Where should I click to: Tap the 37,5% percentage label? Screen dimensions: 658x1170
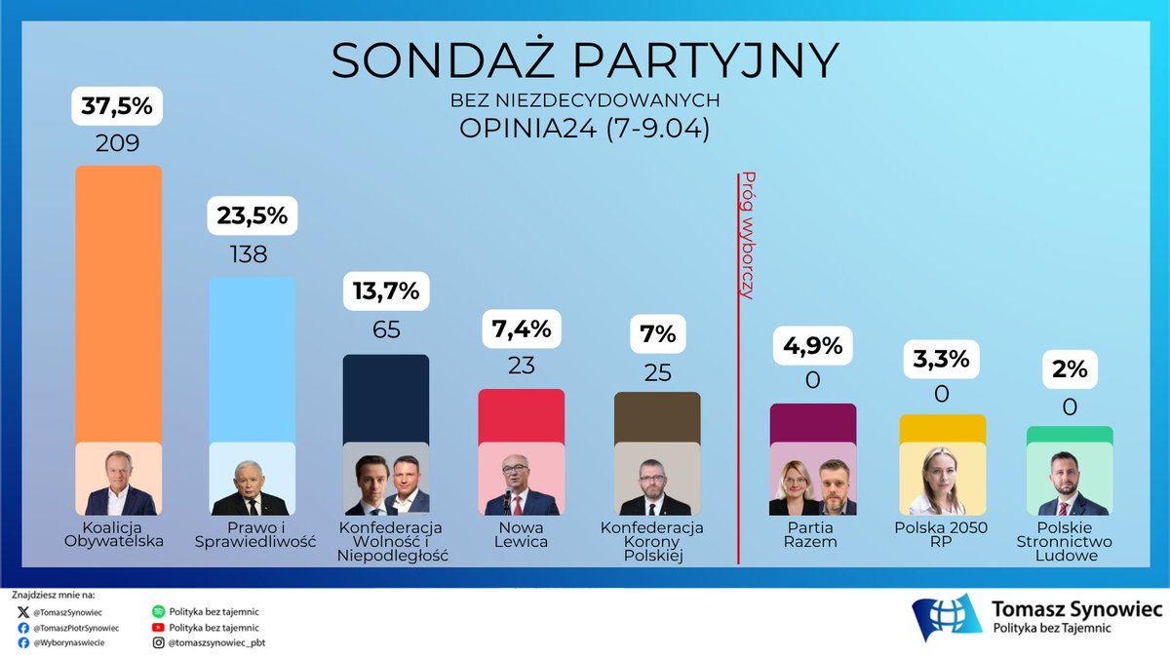(118, 106)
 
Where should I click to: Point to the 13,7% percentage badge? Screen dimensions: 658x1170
(386, 290)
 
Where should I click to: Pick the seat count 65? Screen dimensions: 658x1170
(386, 329)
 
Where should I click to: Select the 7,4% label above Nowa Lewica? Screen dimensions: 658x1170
(522, 329)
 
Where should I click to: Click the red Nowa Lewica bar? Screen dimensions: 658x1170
(522, 414)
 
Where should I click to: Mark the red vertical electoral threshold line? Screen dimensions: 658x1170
(738, 439)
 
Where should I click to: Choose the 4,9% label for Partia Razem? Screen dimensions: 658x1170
(813, 344)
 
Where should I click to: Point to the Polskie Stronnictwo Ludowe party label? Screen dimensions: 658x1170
(1070, 541)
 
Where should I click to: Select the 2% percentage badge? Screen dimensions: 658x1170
(1070, 371)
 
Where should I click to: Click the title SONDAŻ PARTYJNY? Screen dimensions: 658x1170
(585, 60)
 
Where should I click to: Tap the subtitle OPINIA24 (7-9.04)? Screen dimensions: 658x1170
(585, 130)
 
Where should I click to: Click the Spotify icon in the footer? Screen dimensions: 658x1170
(159, 611)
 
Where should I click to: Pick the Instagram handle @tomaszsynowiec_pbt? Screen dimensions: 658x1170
(216, 642)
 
